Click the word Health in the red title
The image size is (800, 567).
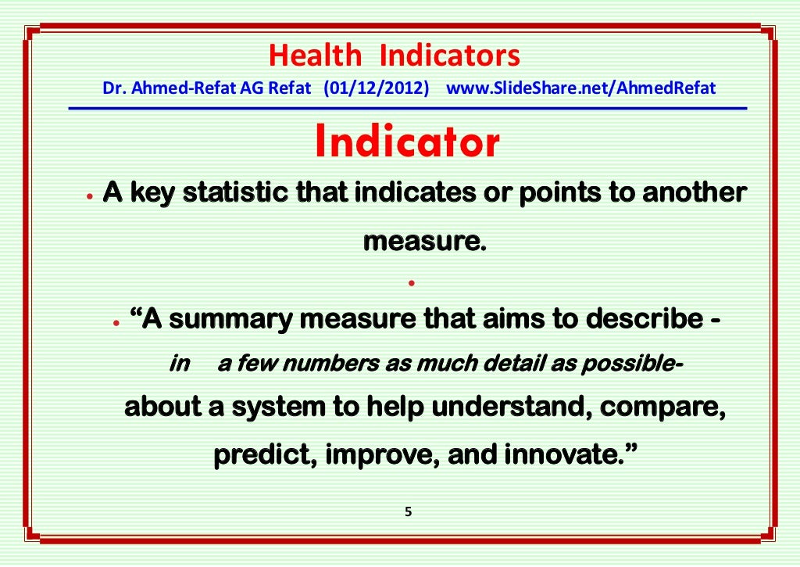pos(315,56)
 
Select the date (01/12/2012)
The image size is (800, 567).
pos(377,88)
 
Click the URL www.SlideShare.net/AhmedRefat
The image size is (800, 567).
pos(580,88)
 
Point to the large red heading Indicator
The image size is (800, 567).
pos(407,142)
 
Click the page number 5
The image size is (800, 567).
pos(408,512)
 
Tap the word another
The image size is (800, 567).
pos(694,193)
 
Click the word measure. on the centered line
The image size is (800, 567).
pos(424,242)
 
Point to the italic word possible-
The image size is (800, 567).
pos(647,364)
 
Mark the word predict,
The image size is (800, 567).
pos(264,454)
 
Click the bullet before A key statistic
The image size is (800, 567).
pos(91,196)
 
